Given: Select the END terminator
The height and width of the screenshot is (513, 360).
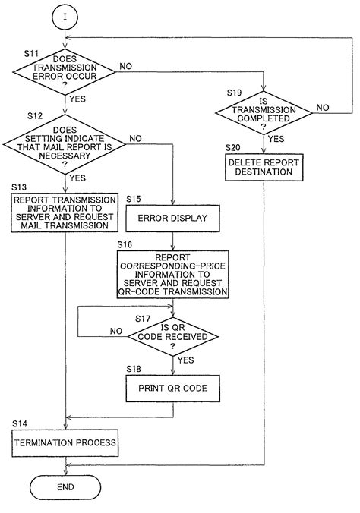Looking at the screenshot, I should [65, 486].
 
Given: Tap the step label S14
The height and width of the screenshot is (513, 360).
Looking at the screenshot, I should [21, 421].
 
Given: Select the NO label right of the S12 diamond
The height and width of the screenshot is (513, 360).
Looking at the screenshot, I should [136, 138].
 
